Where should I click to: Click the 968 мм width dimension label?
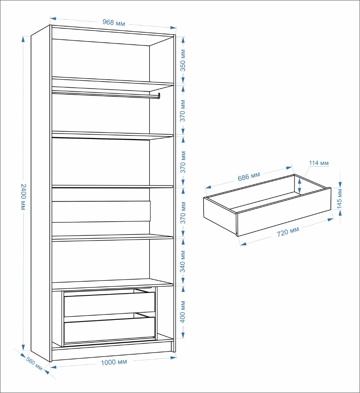(113, 23)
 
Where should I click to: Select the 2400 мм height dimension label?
(23, 197)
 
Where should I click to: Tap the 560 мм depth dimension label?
(34, 364)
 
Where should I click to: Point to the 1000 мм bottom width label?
(114, 362)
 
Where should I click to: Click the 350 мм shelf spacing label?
(183, 60)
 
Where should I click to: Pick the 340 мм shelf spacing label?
(183, 261)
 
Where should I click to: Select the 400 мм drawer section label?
(183, 312)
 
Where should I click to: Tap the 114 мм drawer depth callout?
(319, 163)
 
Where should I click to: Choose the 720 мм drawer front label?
(288, 232)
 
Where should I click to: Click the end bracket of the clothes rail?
(159, 96)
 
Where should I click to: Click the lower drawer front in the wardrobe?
(109, 330)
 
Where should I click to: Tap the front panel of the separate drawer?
(284, 212)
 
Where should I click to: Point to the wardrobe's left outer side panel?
(40, 193)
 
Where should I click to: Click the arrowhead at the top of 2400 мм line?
(23, 39)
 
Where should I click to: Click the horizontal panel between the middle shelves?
(101, 211)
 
